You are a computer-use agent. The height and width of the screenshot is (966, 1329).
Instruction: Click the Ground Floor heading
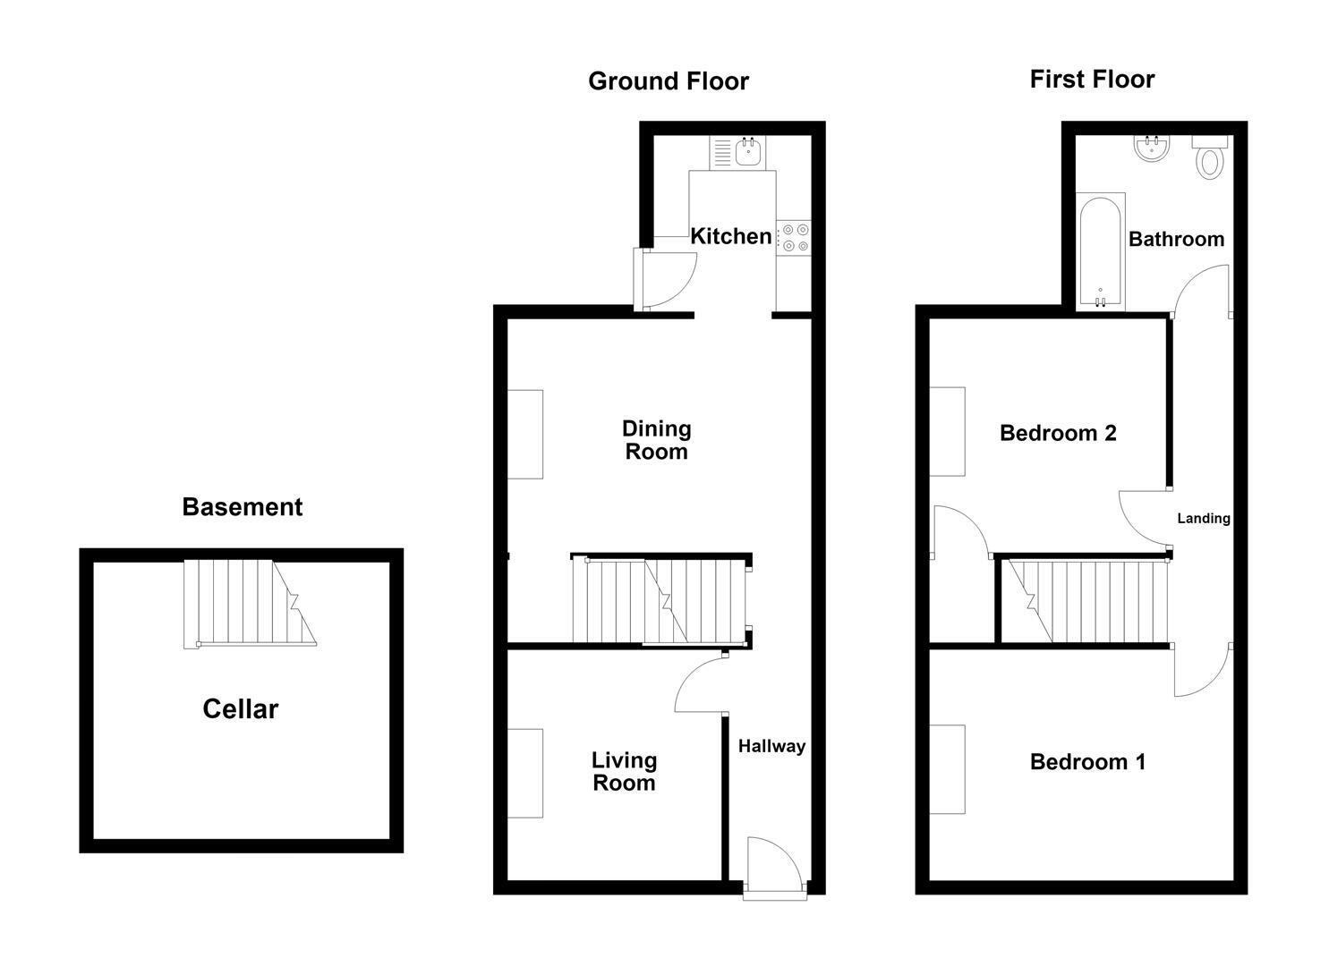tap(668, 81)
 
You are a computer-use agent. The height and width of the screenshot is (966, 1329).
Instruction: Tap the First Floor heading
tap(1092, 80)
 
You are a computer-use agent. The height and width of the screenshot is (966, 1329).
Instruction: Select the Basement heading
tap(242, 507)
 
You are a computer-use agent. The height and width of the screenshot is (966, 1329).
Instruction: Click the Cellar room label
tap(240, 709)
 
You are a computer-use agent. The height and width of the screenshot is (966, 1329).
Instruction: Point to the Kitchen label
tap(731, 236)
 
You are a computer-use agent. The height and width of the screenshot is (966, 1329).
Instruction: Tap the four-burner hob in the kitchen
tap(794, 239)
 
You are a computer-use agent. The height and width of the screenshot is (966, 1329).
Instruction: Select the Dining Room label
tap(657, 440)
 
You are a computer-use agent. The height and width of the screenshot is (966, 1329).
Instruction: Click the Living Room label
tap(624, 771)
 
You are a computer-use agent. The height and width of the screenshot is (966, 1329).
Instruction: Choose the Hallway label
tap(771, 746)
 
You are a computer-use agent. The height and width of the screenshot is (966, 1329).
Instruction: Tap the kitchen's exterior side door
tap(665, 279)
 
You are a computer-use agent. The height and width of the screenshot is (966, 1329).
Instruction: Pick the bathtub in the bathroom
tap(1101, 251)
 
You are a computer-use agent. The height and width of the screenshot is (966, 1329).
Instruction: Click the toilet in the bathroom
tap(1210, 157)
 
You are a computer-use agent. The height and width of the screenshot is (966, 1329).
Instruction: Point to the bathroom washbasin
tap(1152, 148)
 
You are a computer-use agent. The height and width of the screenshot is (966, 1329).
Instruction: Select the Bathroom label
tap(1177, 239)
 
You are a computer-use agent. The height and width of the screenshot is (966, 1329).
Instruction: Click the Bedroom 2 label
tap(1059, 433)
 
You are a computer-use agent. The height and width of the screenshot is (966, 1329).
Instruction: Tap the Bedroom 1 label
tap(1088, 762)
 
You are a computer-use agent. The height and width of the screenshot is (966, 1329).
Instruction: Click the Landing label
tap(1204, 518)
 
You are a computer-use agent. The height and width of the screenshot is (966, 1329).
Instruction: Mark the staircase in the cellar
tap(250, 604)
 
